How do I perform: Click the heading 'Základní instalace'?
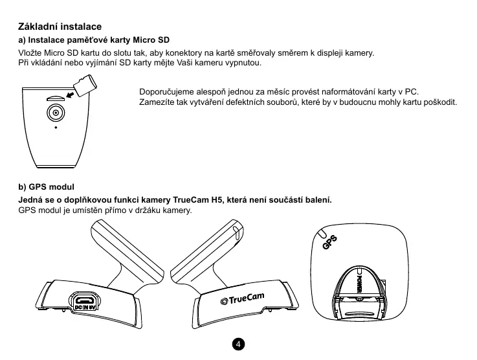(59, 27)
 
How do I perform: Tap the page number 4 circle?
(238, 343)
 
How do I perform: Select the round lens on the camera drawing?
(56, 112)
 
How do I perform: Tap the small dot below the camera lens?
(56, 127)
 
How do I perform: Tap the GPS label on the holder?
(330, 243)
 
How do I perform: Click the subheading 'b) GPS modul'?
(47, 187)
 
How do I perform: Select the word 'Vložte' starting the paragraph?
(29, 53)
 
